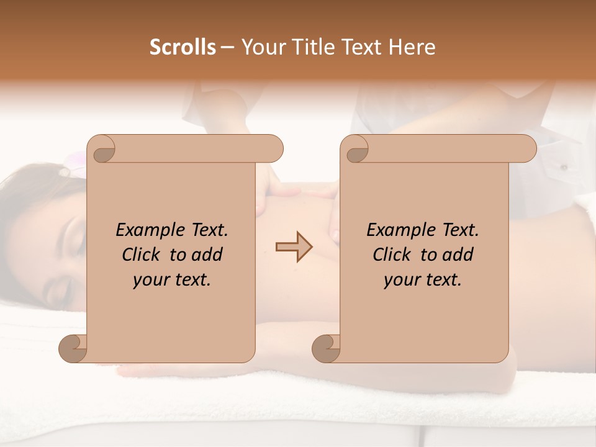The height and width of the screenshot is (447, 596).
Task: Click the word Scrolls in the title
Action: [183, 47]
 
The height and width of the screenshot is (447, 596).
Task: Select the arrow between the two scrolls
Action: [294, 246]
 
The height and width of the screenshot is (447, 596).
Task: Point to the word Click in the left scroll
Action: [144, 255]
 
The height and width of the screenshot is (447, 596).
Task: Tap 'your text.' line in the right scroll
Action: [423, 280]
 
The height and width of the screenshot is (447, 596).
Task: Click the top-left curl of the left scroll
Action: [103, 151]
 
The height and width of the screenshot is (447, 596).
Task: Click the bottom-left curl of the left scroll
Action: [73, 348]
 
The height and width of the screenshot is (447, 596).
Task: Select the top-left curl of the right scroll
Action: [356, 151]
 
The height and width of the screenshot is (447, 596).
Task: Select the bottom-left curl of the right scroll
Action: [327, 348]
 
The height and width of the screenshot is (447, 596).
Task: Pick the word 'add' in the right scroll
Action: [456, 255]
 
